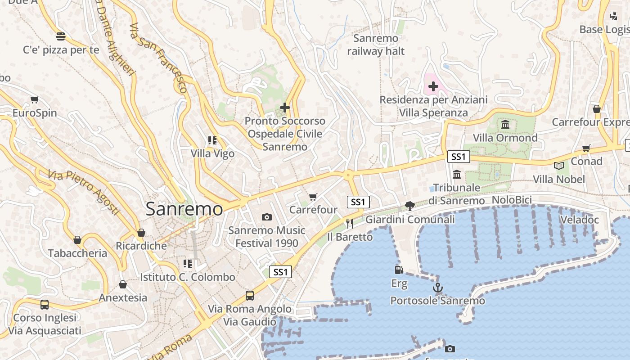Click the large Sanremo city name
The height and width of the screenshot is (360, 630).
click(x=184, y=209)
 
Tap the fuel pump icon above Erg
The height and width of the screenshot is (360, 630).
click(x=399, y=270)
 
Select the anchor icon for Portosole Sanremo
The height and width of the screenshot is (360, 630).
click(x=438, y=288)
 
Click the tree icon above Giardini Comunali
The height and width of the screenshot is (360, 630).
click(x=409, y=206)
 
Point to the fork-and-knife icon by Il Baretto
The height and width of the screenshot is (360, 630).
click(x=350, y=223)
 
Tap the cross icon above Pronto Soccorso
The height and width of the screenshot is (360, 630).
click(x=284, y=108)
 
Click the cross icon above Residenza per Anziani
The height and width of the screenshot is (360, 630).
click(x=433, y=86)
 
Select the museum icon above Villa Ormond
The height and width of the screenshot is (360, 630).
click(x=505, y=124)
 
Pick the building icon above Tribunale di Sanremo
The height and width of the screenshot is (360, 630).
click(x=457, y=174)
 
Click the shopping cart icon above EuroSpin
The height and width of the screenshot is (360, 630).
click(x=35, y=99)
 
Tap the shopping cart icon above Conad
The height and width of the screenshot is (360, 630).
click(x=586, y=148)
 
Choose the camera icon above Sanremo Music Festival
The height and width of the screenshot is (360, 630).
click(x=267, y=217)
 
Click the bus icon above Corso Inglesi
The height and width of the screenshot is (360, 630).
click(x=45, y=304)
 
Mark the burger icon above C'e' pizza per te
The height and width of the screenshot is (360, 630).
click(x=61, y=36)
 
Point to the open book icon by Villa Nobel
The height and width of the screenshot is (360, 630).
click(x=559, y=166)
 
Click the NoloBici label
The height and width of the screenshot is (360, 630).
click(x=512, y=200)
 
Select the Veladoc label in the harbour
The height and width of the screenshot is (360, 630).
click(x=579, y=220)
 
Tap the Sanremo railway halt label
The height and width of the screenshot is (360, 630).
click(x=376, y=45)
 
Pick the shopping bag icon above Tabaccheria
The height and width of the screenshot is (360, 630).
click(x=77, y=240)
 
